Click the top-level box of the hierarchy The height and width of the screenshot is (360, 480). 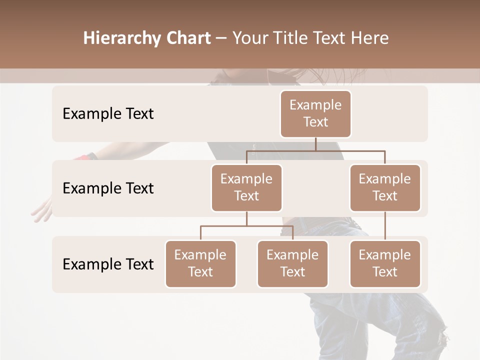point(315,114)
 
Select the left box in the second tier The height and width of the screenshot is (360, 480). point(246,188)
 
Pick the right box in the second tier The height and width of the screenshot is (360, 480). point(385,188)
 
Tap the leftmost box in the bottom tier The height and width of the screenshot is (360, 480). point(200,264)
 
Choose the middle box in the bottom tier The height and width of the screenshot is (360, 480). point(292,264)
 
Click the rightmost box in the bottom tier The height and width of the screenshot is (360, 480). point(385,264)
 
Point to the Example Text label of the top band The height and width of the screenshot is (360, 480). point(108,114)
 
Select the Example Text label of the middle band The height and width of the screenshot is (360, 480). point(108,188)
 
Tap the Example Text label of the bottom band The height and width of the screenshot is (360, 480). point(108,264)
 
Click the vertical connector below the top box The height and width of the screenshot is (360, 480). point(315,144)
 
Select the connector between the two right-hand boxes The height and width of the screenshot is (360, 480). point(385,226)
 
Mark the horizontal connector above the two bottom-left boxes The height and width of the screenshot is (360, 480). point(246,226)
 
